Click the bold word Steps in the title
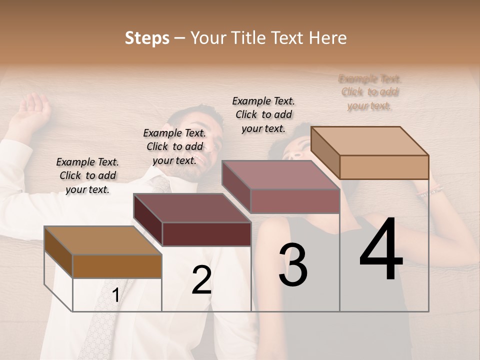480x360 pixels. click(x=147, y=38)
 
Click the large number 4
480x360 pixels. click(x=381, y=249)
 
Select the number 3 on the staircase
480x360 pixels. click(x=293, y=264)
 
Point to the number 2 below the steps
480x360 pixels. click(x=201, y=280)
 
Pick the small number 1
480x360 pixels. click(x=115, y=295)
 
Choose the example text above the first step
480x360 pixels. click(x=87, y=175)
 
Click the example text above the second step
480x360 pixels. click(x=174, y=146)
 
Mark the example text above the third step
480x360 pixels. click(x=263, y=114)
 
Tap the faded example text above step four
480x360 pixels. click(x=370, y=92)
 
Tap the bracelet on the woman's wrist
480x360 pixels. click(x=431, y=191)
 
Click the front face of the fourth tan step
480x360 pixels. click(x=384, y=167)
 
